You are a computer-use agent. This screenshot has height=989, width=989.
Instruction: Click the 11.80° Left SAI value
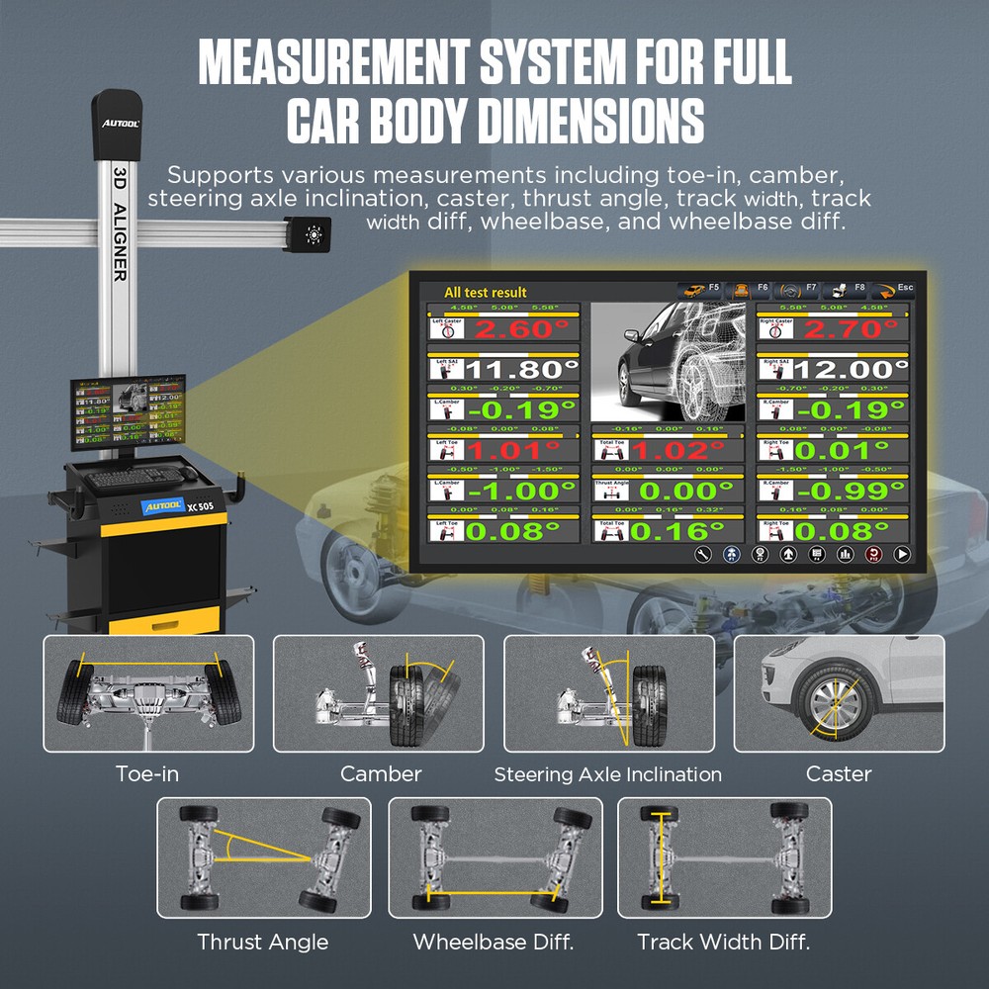click(518, 370)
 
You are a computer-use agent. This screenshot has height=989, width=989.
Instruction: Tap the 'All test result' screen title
click(485, 292)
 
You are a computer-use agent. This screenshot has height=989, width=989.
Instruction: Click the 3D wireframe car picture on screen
click(672, 362)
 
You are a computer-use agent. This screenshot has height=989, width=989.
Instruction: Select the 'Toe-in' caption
click(147, 773)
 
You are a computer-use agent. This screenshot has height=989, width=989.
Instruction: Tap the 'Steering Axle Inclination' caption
click(607, 774)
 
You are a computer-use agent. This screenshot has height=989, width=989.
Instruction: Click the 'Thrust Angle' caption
click(262, 942)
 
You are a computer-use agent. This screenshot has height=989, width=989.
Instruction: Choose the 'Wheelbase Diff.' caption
click(494, 942)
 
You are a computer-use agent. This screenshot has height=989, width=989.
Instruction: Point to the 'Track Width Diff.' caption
click(723, 942)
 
